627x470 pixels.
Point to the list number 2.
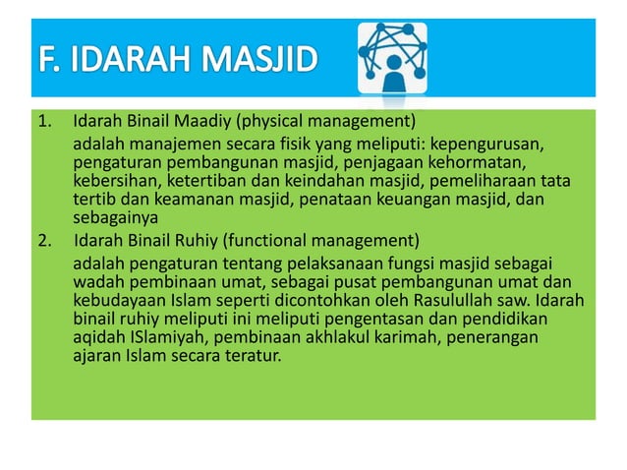(43, 240)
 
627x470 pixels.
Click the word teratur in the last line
(254, 355)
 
